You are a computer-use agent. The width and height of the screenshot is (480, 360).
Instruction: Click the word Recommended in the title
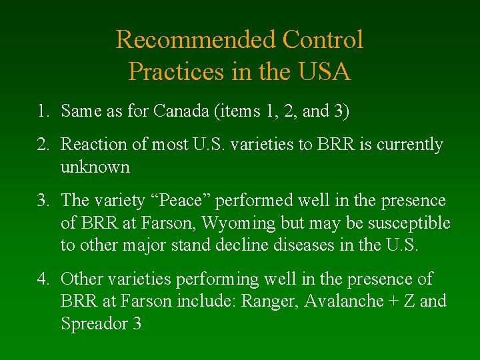click(x=196, y=40)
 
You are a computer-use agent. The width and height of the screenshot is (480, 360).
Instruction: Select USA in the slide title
click(x=324, y=71)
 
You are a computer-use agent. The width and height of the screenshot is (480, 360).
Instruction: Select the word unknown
click(x=95, y=167)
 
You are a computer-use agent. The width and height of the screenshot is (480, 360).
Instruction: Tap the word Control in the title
click(x=323, y=40)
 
